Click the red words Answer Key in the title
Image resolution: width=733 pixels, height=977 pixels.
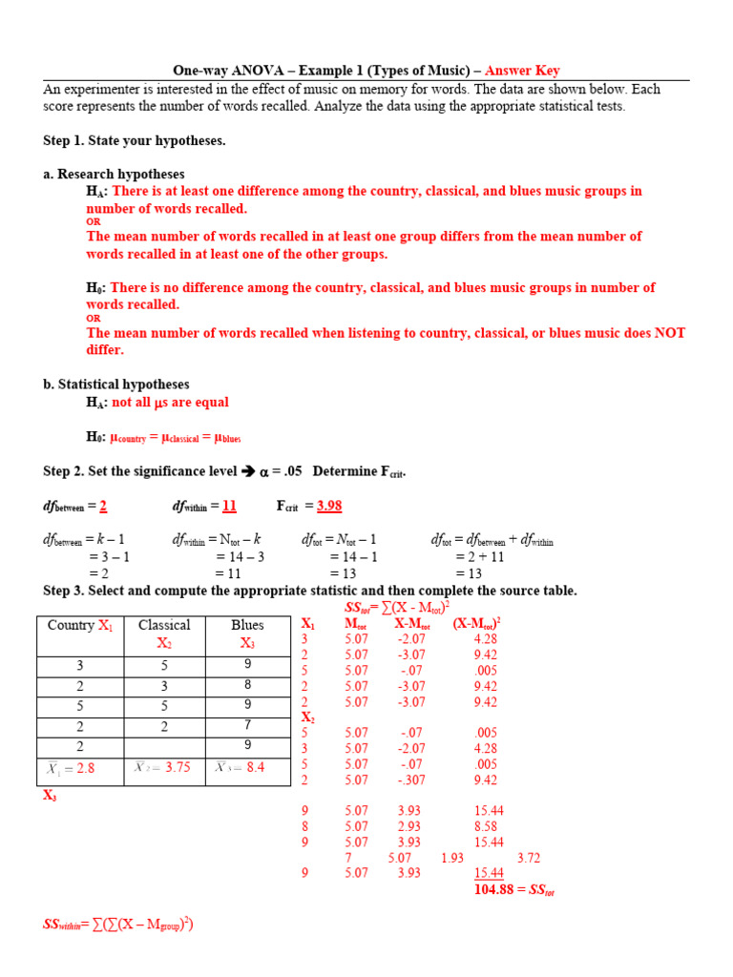(x=522, y=71)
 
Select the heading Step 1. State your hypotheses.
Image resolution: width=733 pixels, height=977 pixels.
(x=135, y=140)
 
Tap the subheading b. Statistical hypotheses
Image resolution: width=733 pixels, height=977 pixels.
(x=115, y=384)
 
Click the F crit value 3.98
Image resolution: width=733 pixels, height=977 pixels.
(x=328, y=506)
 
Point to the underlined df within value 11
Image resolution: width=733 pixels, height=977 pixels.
(x=229, y=506)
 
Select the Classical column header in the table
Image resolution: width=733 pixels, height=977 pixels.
(x=164, y=626)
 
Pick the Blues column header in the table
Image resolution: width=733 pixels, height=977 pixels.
(x=247, y=626)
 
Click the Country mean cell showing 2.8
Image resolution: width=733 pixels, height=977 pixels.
(x=80, y=768)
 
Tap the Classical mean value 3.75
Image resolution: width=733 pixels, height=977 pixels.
(x=165, y=767)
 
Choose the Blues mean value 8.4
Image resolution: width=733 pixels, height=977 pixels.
(x=247, y=767)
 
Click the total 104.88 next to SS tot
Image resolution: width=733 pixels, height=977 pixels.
(x=496, y=890)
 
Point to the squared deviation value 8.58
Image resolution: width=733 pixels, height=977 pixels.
(x=485, y=826)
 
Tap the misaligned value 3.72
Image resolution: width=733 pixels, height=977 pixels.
(x=528, y=858)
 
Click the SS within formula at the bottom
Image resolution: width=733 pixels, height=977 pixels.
(x=118, y=925)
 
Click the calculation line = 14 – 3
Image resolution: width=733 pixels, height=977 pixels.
(x=240, y=557)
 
